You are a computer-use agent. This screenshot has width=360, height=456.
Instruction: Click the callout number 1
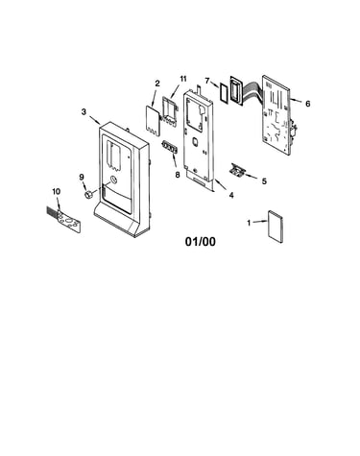click(x=249, y=223)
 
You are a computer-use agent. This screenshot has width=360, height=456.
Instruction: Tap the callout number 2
click(x=157, y=84)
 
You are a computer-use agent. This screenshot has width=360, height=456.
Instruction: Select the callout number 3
click(x=84, y=112)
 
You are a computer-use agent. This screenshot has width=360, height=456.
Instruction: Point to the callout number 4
click(x=231, y=195)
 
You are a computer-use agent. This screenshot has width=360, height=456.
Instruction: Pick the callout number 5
click(x=264, y=181)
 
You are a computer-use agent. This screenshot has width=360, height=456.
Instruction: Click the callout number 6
click(x=307, y=104)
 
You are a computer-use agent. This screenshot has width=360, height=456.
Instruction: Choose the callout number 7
click(x=207, y=81)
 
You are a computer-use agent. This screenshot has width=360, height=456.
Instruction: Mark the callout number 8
click(x=178, y=175)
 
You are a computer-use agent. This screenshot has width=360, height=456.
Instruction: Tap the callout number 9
click(x=82, y=177)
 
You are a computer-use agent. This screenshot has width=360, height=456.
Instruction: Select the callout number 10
click(x=56, y=191)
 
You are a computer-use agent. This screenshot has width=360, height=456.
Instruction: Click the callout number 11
click(x=182, y=79)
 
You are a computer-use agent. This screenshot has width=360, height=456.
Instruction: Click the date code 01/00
click(x=201, y=242)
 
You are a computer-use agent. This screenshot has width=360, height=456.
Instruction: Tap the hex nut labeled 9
click(x=88, y=194)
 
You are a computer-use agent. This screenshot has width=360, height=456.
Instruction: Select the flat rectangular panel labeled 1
click(x=276, y=227)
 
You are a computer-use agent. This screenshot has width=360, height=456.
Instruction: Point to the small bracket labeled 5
click(x=237, y=170)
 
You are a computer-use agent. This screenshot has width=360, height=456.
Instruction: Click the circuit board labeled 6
click(x=277, y=115)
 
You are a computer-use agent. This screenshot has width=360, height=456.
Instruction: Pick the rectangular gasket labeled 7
click(x=224, y=92)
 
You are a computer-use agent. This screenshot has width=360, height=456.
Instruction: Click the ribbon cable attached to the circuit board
click(x=253, y=90)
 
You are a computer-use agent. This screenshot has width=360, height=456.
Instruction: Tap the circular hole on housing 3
click(x=114, y=180)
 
